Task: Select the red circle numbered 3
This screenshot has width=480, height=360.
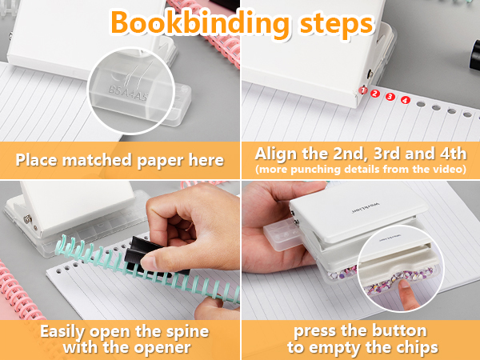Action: pos(390,97)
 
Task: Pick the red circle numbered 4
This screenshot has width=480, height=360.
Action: pos(405,100)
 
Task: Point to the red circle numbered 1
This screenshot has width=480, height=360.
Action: pos(364,91)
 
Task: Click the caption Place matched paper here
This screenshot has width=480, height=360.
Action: pos(119,159)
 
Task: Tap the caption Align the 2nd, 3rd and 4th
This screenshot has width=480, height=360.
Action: pos(359,154)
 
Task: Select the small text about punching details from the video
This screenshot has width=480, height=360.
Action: pos(359,170)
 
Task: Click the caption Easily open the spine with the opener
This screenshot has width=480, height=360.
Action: pos(119,338)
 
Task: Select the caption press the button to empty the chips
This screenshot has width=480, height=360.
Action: pos(359,338)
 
